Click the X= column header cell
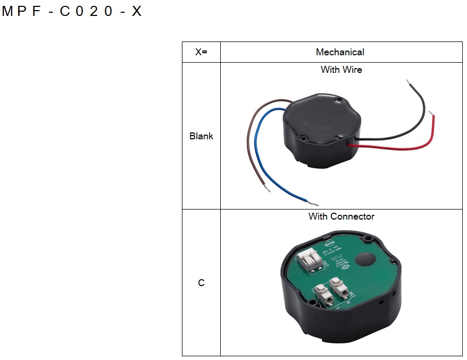point(201,52)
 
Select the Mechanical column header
point(340,52)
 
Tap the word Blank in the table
point(201,136)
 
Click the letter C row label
point(201,283)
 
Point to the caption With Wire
point(341,70)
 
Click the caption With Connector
point(341,216)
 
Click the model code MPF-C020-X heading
point(72,12)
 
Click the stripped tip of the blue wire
point(314,205)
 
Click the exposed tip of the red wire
point(432,114)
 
